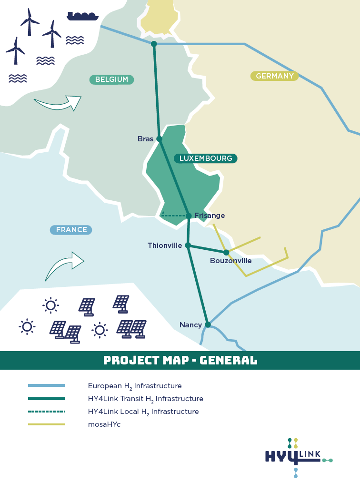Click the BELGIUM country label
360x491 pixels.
coord(111,79)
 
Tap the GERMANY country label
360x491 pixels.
coord(275,76)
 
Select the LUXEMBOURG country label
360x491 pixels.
coord(205,158)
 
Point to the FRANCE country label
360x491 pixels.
coord(71,230)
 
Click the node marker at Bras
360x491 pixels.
coord(160,139)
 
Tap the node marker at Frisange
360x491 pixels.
coord(189,216)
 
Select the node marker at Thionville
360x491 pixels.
coord(188,245)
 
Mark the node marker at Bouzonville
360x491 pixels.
coord(226,252)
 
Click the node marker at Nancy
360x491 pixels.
coord(208,325)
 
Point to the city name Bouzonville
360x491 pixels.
coord(230,261)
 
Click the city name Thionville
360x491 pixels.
coord(165,245)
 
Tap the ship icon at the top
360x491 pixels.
coord(82,16)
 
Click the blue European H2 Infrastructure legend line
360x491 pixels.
coord(46,385)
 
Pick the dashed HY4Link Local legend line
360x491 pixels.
coord(46,412)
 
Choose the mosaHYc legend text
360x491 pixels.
coord(104,424)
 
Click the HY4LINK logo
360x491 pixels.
coord(298,457)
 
